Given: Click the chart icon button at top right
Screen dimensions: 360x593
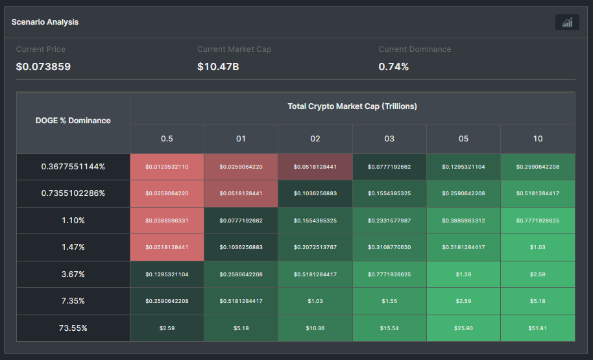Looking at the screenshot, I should pos(567,23).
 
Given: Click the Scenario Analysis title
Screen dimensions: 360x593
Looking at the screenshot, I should pos(45,22).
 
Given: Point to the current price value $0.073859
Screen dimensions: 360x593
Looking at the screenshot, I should pos(43,66).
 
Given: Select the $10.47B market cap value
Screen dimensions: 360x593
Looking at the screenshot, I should pos(218,66).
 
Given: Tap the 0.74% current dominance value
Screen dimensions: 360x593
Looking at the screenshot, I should pos(393,66).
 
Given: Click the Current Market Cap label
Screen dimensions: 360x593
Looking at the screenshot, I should pos(234,49).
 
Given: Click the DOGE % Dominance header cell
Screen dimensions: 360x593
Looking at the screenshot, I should pos(73,121).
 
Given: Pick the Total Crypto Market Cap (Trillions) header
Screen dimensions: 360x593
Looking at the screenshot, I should pos(352,106).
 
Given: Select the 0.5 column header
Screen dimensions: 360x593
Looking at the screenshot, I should pos(167,139).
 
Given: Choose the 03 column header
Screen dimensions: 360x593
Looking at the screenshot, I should pos(389,139).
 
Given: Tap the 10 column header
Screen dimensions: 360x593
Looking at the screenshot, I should pos(537,139).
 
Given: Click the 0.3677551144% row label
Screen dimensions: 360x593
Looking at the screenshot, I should pos(73,167).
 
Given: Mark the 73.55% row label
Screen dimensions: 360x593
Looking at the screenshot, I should pos(73,328).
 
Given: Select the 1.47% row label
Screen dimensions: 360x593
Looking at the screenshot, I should pos(73,247).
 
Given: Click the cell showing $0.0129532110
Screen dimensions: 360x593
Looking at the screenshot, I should pos(167,167).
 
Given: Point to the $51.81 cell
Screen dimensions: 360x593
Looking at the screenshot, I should pos(537,328).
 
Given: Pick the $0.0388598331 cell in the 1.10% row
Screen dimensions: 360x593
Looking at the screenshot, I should pos(167,221).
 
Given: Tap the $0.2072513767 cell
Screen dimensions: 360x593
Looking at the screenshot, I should pos(315,247).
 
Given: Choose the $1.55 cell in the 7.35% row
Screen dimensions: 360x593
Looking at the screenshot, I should pos(389,301).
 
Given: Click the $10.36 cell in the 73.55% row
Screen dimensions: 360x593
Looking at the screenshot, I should pos(315,328).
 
